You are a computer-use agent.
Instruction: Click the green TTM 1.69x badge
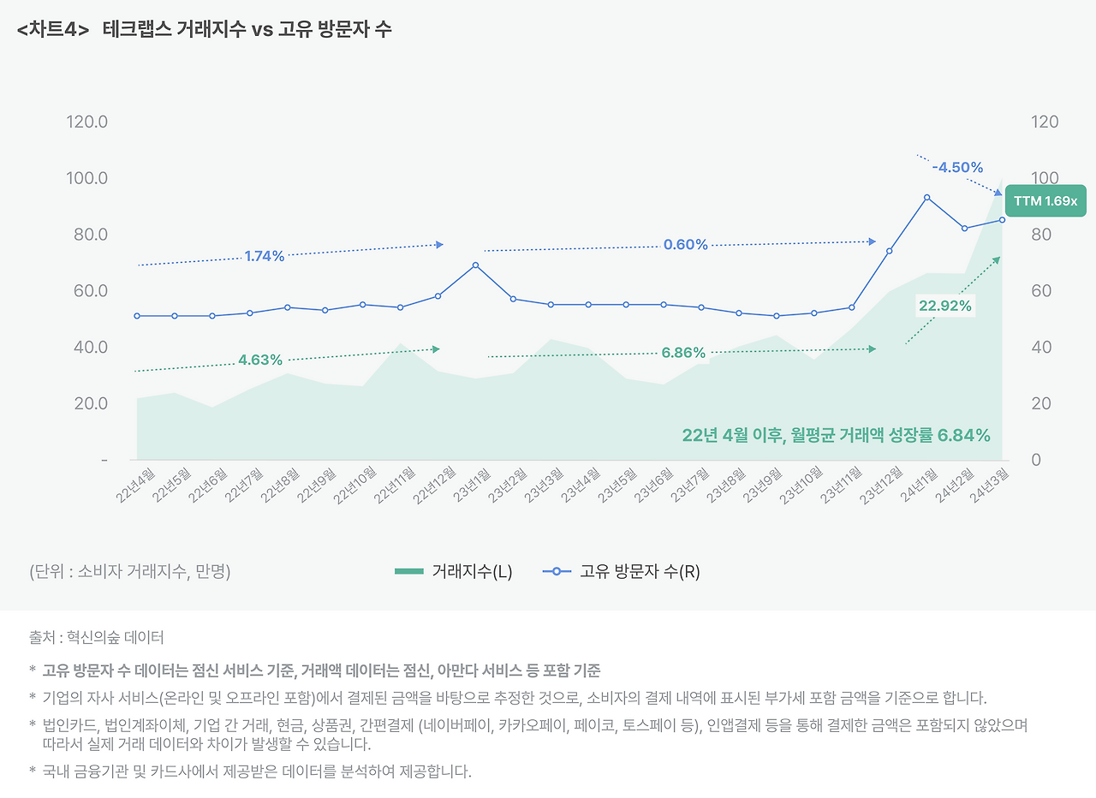[x=1045, y=201]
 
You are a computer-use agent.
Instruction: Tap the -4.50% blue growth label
[x=957, y=167]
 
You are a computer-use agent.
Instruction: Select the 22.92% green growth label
[x=944, y=306]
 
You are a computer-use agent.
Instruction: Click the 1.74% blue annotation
[x=264, y=255]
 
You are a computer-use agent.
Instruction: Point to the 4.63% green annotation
[x=260, y=360]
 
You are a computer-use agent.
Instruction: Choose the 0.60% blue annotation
[x=685, y=244]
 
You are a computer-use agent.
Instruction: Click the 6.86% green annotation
[x=683, y=352]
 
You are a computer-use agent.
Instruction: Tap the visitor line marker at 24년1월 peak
[x=926, y=198]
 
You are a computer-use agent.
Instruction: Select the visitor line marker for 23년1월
[x=475, y=265]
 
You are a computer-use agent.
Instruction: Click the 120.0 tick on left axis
[x=86, y=122]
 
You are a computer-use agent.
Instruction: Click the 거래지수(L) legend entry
[x=454, y=572]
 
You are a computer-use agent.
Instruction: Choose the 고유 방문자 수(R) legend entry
[x=622, y=572]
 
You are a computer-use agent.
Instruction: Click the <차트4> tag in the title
[x=53, y=29]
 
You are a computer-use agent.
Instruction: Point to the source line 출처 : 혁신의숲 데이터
[x=96, y=637]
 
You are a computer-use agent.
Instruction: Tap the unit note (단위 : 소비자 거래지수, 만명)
[x=129, y=572]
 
